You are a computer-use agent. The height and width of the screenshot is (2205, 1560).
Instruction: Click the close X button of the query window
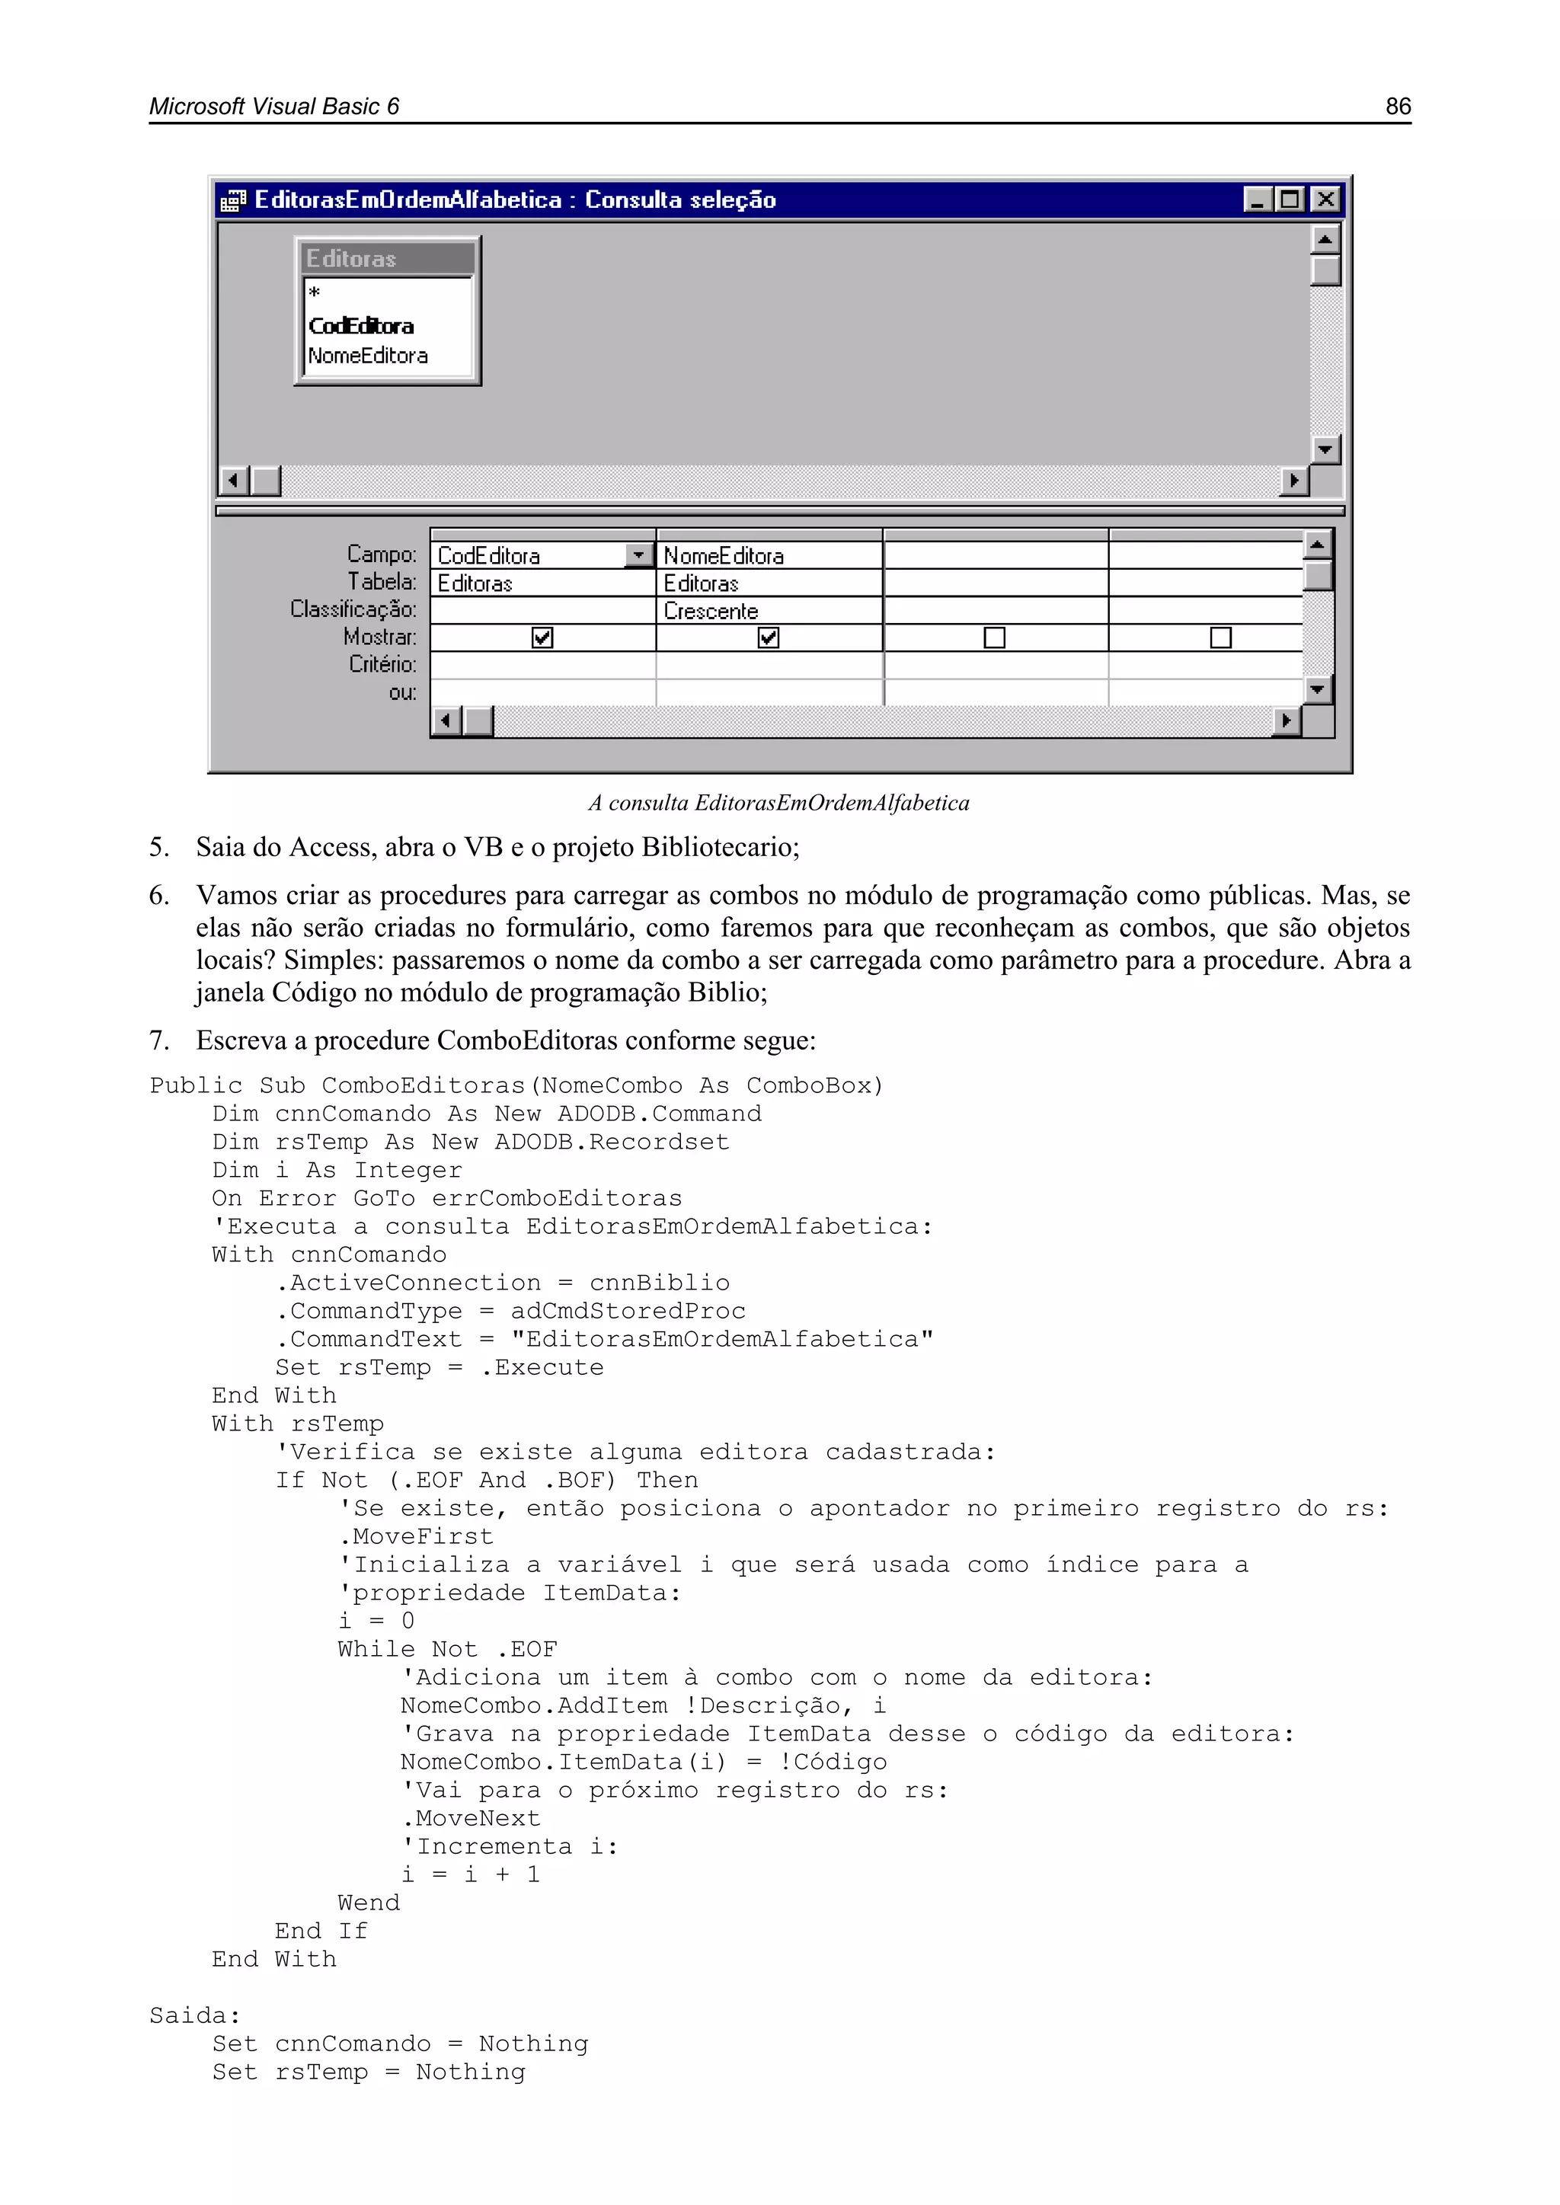coord(1325,200)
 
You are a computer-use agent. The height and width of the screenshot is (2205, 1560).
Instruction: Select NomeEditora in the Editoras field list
coord(368,356)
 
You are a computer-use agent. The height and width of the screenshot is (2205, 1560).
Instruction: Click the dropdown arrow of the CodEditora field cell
coord(638,555)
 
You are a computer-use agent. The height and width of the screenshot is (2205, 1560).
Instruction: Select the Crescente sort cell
coord(711,611)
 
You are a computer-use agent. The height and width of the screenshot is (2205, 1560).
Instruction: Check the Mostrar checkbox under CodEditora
coord(543,638)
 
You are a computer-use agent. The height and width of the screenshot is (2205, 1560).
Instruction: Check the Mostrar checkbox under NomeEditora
coord(769,638)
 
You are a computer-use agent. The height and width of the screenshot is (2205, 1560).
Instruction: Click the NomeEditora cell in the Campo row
coord(724,556)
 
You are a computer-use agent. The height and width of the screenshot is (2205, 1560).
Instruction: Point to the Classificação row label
coord(353,609)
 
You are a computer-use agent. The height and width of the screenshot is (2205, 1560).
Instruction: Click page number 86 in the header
coord(1398,107)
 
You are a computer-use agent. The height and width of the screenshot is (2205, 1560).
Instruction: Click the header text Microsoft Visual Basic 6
coord(273,107)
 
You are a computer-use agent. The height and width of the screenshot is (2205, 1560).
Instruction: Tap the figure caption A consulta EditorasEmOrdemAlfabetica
coord(779,803)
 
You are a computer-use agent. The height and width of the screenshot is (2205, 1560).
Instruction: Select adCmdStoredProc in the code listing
coord(628,1311)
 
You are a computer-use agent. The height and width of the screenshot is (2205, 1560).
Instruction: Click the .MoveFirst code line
coord(416,1536)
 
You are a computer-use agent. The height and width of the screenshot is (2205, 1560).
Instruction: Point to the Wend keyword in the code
coord(368,1903)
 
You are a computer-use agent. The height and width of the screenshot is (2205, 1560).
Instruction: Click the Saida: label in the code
coord(195,2016)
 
